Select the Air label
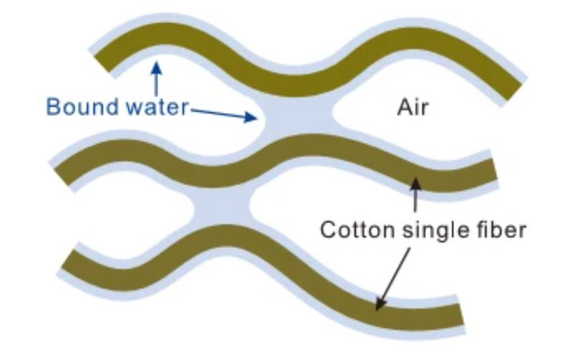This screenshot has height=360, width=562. [412, 107]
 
